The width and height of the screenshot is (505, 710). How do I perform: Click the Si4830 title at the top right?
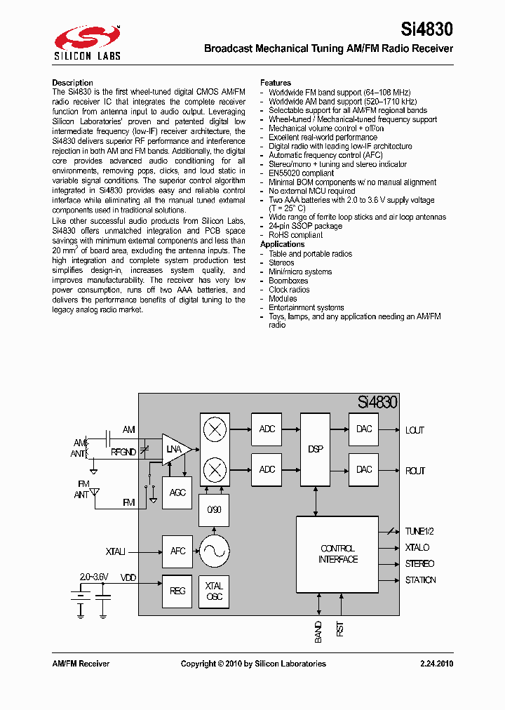pos(426,29)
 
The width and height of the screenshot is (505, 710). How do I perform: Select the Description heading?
pos(72,83)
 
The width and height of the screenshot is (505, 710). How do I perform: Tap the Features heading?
pos(276,83)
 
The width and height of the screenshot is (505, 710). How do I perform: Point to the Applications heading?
pos(283,244)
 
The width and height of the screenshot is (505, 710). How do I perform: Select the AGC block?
pos(177,493)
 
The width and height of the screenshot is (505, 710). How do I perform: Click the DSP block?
pos(315,449)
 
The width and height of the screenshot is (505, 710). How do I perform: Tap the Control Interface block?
pos(337,554)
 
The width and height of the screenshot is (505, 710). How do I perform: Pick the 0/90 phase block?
pos(214,510)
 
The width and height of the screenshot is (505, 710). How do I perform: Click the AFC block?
pos(177,551)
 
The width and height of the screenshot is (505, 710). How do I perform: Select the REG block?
pos(177,591)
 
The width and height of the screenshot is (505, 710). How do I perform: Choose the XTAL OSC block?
pos(214,591)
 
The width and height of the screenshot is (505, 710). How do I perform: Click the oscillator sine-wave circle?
pos(214,551)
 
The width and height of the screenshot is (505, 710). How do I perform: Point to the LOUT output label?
pos(415,430)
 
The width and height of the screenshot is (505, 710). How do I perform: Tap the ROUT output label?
pos(415,471)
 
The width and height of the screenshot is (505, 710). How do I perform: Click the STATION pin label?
pos(420,580)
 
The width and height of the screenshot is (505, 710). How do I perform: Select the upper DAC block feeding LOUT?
pos(364,429)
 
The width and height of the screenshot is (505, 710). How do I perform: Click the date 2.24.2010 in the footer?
pos(436,664)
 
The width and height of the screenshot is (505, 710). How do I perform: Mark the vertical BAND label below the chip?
pos(318,632)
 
